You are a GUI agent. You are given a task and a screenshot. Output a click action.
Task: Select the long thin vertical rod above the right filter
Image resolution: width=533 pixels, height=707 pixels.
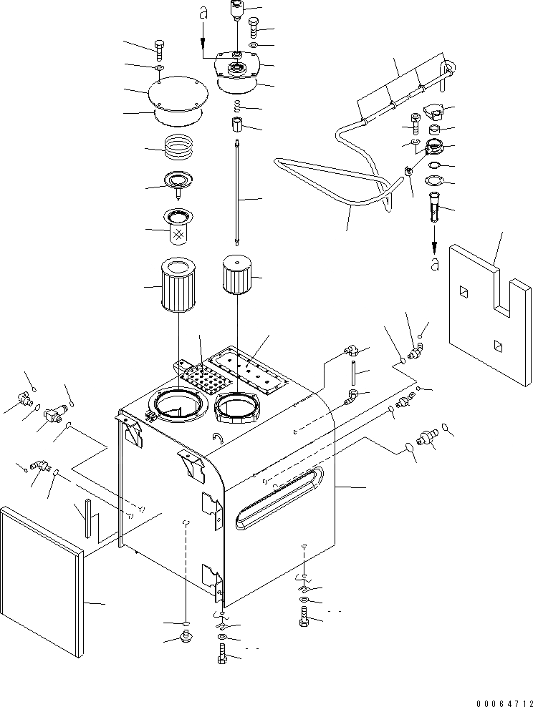click(236, 193)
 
